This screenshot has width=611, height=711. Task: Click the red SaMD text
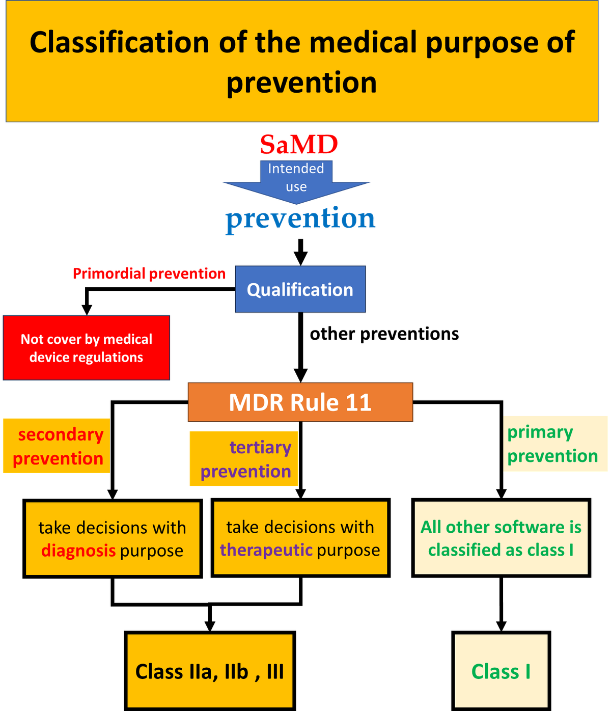[x=299, y=145]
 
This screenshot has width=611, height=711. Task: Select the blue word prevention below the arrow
[x=300, y=219]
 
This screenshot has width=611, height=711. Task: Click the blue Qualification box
[x=300, y=289]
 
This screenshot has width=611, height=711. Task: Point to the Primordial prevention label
[x=149, y=274]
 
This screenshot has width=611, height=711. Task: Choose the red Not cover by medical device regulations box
[x=87, y=348]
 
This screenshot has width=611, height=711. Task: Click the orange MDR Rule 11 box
[x=300, y=402]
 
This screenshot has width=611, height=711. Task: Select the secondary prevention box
[x=57, y=446]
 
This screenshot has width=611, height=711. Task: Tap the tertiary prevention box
[x=244, y=459]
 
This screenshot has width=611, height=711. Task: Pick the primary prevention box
[x=556, y=444]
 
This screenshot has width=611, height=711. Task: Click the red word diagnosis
[x=78, y=551]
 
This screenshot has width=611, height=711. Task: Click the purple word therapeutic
[x=266, y=550]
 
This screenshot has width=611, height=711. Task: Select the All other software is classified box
[x=501, y=538]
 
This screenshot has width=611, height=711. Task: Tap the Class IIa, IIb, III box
[x=210, y=671]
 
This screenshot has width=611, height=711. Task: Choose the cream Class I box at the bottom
[x=501, y=671]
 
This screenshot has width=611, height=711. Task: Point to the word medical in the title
[x=363, y=42]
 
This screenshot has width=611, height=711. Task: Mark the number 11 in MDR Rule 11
[x=358, y=402]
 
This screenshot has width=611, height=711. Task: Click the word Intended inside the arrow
[x=296, y=169]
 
